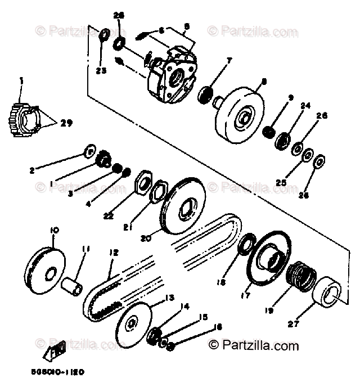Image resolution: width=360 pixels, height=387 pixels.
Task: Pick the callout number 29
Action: tap(67, 122)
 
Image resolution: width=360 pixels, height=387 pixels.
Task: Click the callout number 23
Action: tap(101, 71)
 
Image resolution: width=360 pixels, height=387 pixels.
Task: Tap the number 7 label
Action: tap(229, 59)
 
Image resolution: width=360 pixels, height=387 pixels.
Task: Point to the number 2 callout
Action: tap(32, 169)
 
